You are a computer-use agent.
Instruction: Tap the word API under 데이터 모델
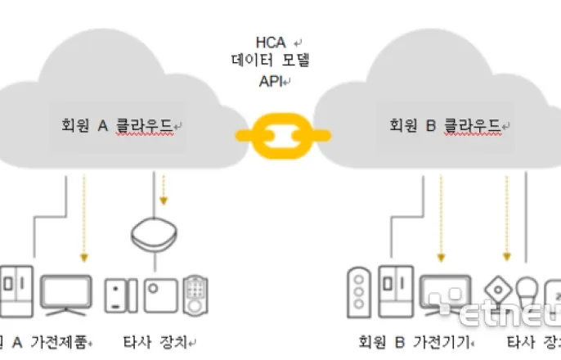point(272,81)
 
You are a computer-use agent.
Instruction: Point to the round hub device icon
point(155,236)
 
